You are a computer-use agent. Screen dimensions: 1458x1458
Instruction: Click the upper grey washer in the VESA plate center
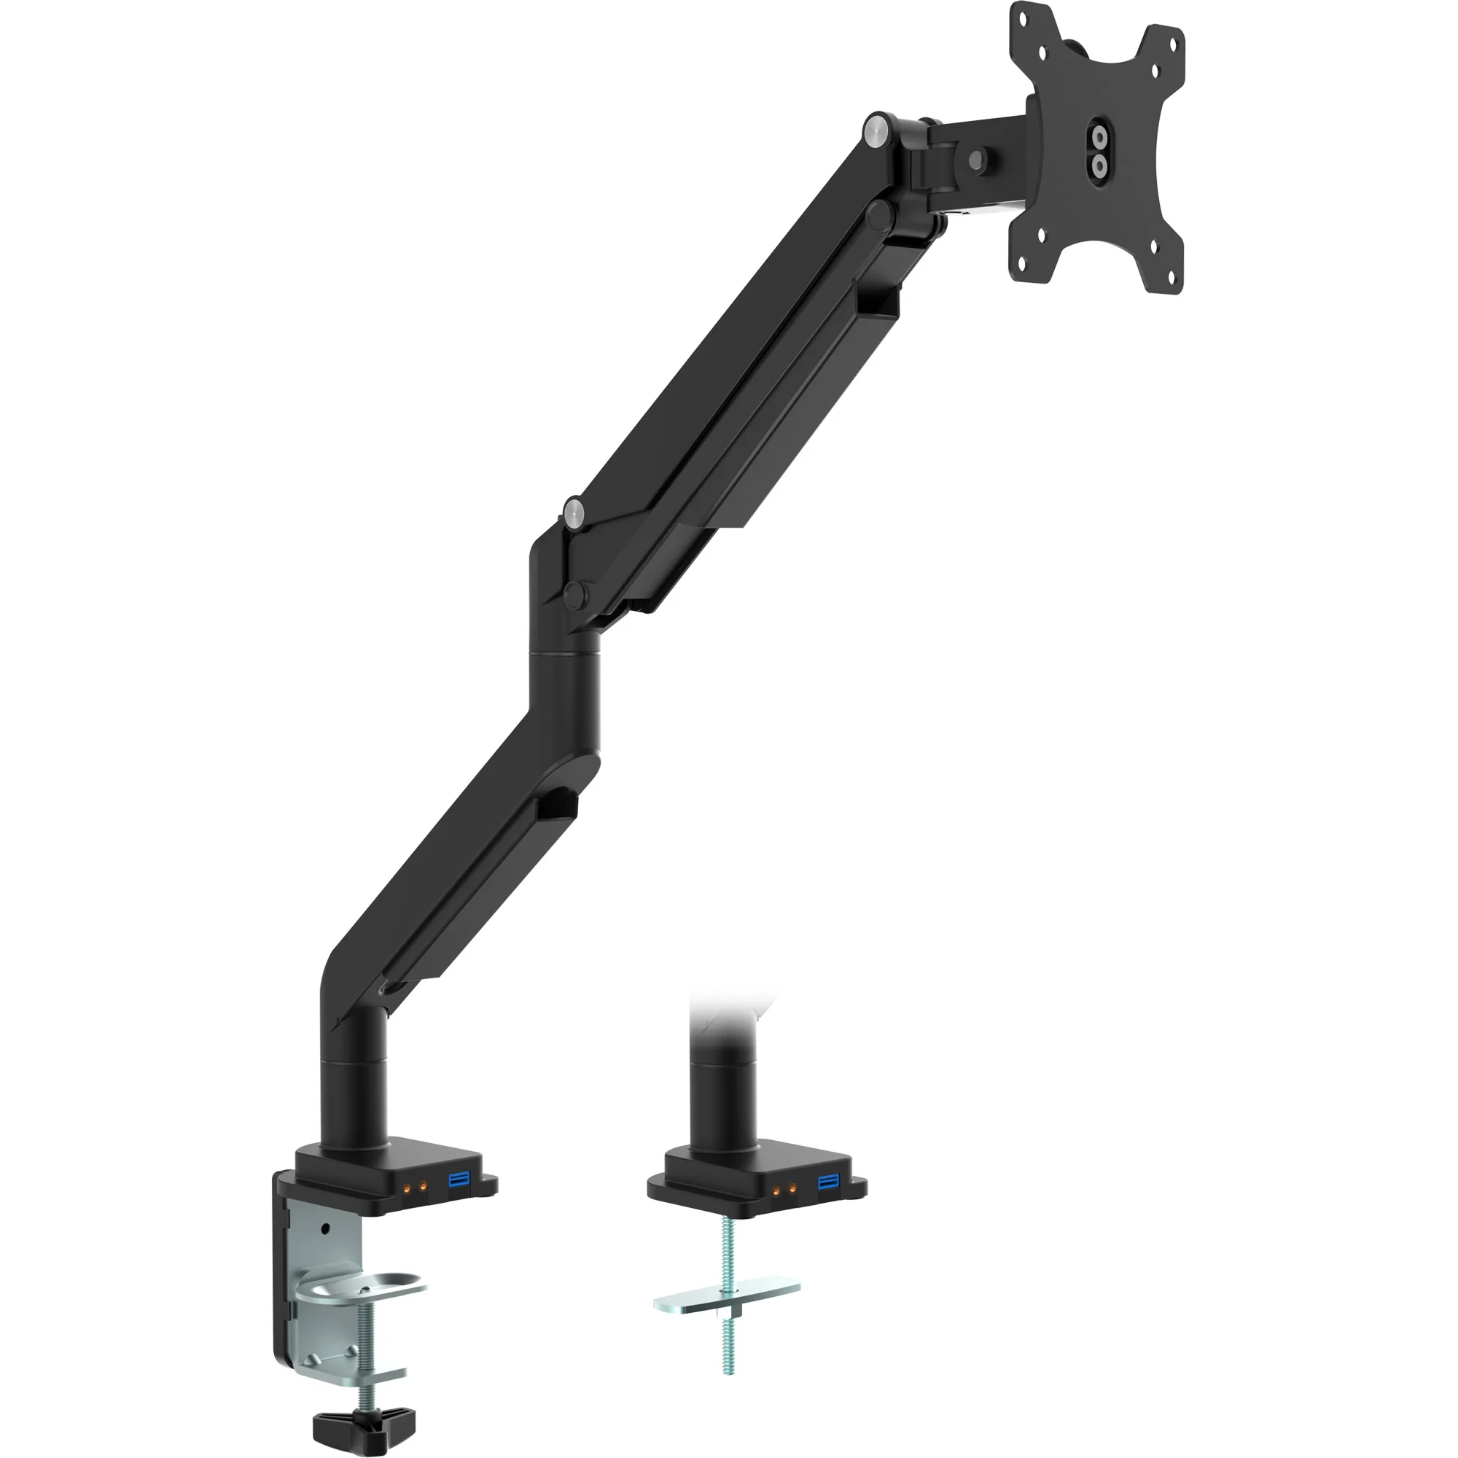[1099, 137]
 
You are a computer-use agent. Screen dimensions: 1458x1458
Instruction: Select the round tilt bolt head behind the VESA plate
[978, 160]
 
